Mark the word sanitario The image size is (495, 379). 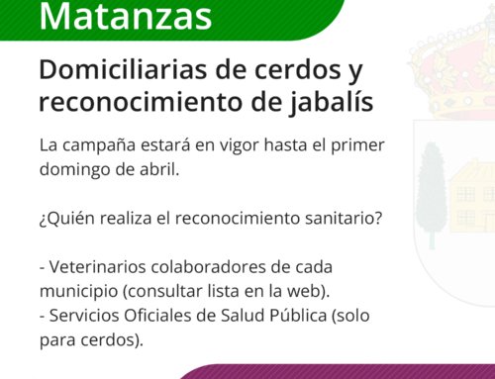343,219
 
